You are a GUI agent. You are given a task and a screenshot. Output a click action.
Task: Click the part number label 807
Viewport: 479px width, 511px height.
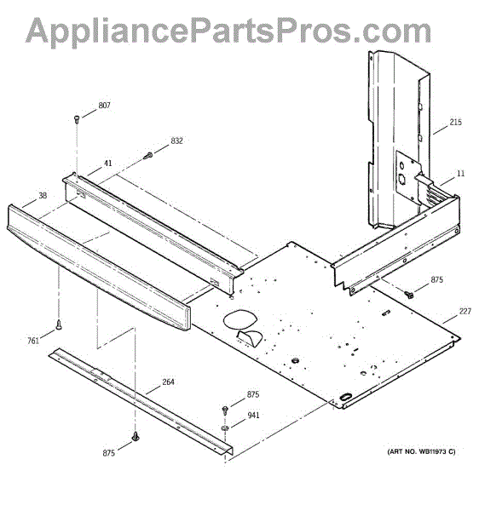click(104, 106)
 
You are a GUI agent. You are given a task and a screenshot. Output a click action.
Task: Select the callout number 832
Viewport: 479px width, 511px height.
click(176, 141)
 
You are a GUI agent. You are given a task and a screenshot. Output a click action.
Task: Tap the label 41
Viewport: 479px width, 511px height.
click(108, 163)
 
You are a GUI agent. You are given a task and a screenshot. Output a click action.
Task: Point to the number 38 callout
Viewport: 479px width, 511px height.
click(43, 195)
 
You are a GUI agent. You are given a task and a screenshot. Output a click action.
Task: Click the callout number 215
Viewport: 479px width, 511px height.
click(455, 122)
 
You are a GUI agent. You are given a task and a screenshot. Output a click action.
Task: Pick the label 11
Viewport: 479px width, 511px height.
click(461, 173)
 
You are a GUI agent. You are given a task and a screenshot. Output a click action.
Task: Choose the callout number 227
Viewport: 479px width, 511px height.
click(465, 311)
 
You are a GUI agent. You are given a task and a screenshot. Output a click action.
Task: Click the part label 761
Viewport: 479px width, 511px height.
click(33, 341)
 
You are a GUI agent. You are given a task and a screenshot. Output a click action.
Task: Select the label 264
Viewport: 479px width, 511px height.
click(168, 382)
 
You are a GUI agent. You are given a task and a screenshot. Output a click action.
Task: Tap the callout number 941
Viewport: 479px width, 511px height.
click(253, 416)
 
